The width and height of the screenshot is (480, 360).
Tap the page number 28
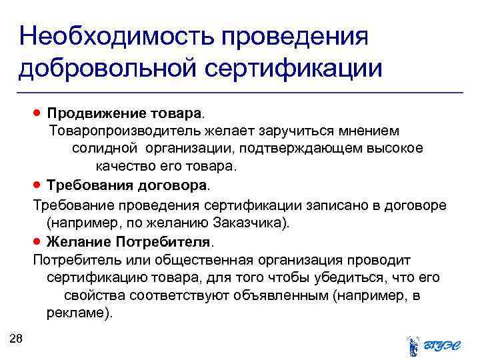[17, 339]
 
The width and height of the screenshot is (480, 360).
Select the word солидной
[104, 147]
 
